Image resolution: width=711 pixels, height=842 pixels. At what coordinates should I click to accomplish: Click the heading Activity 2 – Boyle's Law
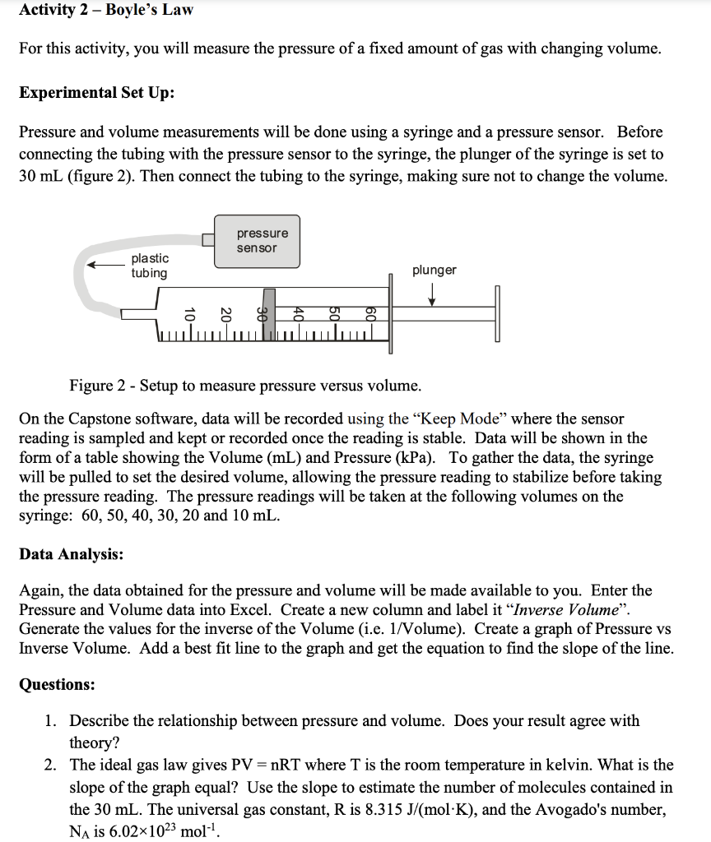(x=106, y=10)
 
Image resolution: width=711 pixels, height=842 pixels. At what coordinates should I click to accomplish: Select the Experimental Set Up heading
(x=95, y=92)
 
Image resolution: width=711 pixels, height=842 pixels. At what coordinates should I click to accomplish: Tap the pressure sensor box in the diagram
(x=257, y=241)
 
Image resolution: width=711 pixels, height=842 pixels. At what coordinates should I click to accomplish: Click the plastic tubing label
(x=149, y=266)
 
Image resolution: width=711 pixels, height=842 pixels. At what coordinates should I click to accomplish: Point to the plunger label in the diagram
(x=434, y=271)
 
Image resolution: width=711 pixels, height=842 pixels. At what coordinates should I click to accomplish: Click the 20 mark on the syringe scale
(x=225, y=314)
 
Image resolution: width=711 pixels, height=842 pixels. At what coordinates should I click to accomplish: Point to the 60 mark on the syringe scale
(x=370, y=314)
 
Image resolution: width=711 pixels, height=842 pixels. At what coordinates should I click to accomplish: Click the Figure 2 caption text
(x=245, y=386)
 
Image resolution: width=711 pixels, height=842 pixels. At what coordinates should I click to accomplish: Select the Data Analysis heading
(x=71, y=554)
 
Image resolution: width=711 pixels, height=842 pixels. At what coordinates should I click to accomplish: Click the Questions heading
(x=56, y=684)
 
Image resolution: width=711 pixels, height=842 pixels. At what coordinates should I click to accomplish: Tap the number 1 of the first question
(x=51, y=721)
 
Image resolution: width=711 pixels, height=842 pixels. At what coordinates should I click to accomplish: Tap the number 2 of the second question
(x=51, y=766)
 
